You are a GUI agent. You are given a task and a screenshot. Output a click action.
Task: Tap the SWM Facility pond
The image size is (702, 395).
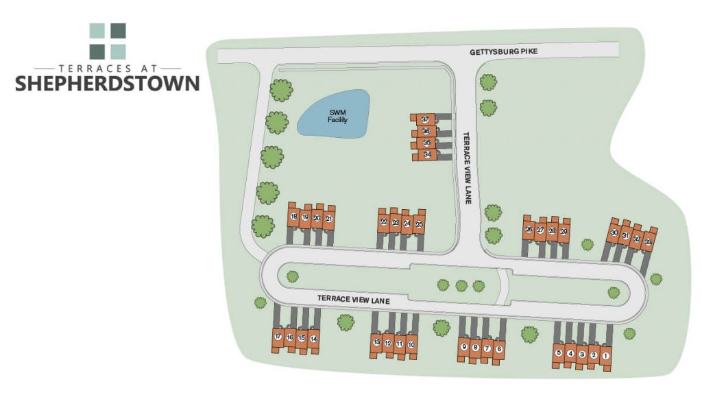click(334, 114)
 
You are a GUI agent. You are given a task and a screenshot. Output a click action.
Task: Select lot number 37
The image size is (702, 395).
click(426, 119)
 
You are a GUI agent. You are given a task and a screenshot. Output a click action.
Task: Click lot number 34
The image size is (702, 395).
click(426, 155)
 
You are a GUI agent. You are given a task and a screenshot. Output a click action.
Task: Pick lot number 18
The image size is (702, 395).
click(293, 217)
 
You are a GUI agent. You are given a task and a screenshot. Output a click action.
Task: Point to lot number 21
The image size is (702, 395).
click(329, 219)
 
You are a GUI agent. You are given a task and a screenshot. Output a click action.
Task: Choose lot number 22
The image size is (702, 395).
click(384, 222)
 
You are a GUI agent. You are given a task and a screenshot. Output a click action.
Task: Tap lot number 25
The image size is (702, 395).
click(419, 224)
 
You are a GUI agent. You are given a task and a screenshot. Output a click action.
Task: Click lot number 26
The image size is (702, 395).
click(529, 229)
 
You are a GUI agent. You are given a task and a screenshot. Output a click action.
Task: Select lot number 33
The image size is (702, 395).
click(648, 241)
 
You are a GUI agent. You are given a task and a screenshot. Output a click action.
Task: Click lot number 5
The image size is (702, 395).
click(559, 353)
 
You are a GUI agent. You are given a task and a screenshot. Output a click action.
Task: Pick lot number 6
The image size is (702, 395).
click(499, 349)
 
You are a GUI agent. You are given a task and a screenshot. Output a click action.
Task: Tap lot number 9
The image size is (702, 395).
click(464, 347)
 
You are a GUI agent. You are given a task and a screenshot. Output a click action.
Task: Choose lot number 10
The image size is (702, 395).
click(411, 345)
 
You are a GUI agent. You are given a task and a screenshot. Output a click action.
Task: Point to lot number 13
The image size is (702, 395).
click(376, 342)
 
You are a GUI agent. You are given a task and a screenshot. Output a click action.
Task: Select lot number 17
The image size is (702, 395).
click(278, 337)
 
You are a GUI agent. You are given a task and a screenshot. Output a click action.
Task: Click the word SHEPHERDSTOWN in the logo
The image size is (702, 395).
click(108, 84)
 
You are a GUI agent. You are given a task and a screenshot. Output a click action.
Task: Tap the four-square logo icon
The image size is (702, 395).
click(108, 41)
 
